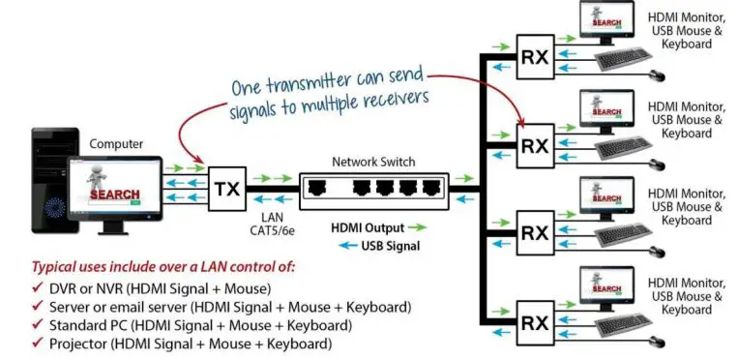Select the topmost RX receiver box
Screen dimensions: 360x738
click(x=534, y=57)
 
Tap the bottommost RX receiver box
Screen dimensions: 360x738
click(x=534, y=319)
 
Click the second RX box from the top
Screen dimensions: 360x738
click(x=534, y=146)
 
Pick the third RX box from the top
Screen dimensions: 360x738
click(x=534, y=233)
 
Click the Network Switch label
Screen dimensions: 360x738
click(x=369, y=162)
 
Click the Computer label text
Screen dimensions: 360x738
click(x=116, y=144)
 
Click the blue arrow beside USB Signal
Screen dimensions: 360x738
click(x=344, y=246)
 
